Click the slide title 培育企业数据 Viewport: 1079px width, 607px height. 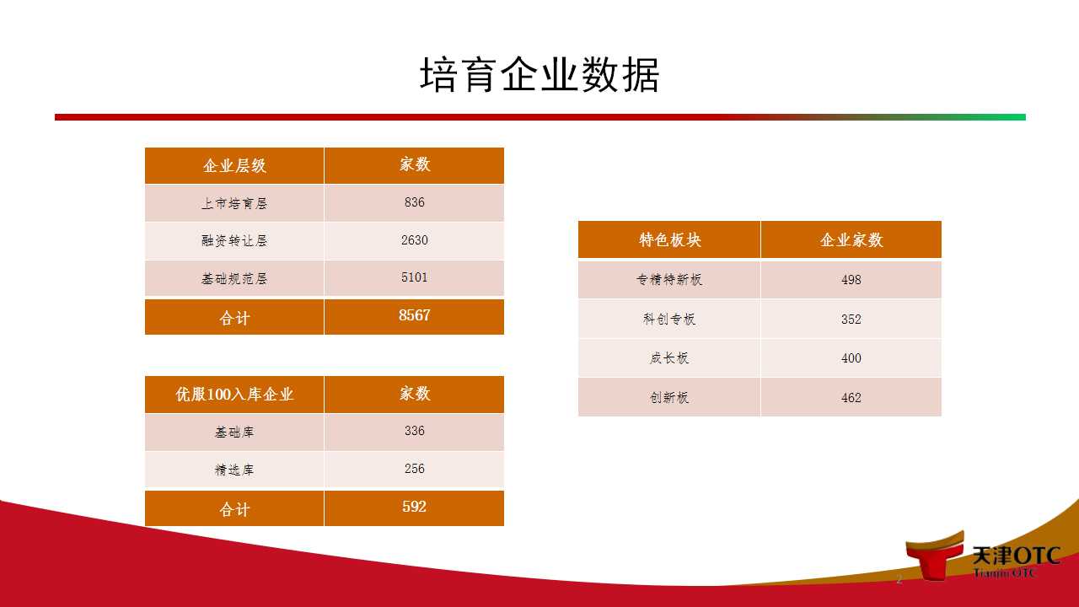[539, 74]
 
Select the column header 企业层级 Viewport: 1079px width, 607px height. [234, 166]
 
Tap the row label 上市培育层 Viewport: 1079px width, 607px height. [234, 203]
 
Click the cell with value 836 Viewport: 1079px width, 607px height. [414, 202]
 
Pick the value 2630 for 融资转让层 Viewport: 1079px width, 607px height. [414, 240]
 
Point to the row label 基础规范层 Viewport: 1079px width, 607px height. [234, 278]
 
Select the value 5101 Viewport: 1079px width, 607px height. [414, 277]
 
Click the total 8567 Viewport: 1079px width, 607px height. [414, 315]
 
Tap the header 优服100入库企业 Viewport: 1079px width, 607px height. [234, 394]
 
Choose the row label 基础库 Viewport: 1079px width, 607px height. [234, 432]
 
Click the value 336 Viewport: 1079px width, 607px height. [414, 431]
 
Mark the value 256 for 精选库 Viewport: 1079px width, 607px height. [414, 469]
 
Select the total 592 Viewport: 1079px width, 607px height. [414, 507]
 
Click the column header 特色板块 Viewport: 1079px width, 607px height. [670, 240]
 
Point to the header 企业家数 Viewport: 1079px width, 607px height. [851, 240]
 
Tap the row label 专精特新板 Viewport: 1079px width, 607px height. [669, 279]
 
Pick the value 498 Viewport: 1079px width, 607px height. [851, 280]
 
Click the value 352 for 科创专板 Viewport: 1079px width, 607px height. [851, 320]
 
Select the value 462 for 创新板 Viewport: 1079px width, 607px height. [851, 398]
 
